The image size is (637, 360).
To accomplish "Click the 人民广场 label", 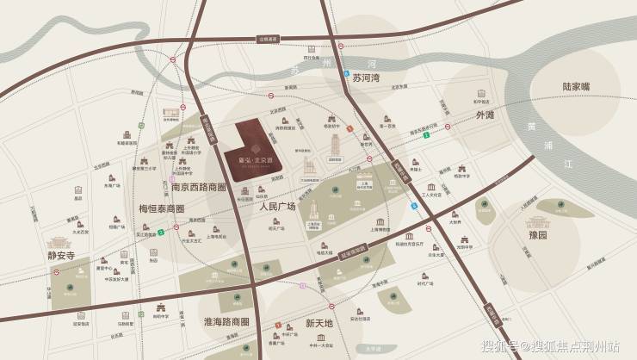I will tap(276, 208).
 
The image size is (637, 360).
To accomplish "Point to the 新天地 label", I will tap(319, 322).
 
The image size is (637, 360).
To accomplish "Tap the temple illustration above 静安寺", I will tap(61, 236).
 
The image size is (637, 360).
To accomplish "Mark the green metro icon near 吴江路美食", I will tap(161, 232).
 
